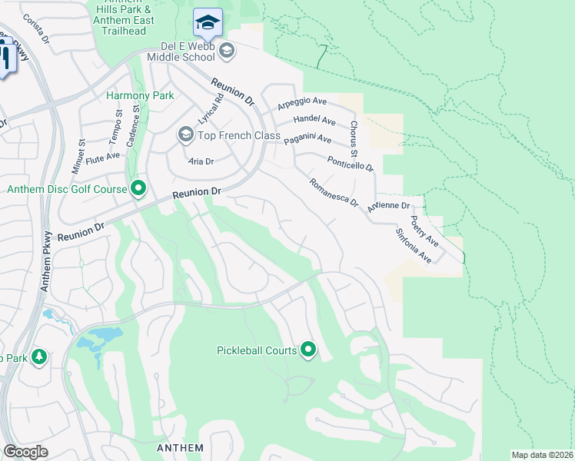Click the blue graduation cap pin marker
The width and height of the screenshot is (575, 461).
(208, 23)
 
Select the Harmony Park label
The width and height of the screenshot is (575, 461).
(140, 96)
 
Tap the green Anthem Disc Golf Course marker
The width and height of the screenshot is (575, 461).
(138, 188)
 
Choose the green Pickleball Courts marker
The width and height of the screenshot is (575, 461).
(308, 350)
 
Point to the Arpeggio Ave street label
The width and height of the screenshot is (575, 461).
(302, 101)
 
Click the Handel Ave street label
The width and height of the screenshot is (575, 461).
(314, 121)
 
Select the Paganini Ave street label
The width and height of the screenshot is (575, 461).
(307, 140)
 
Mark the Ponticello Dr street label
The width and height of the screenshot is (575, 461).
(350, 164)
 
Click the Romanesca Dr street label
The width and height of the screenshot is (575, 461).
(333, 193)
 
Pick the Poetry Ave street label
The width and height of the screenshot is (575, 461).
(424, 231)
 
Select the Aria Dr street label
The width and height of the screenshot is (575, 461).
(200, 162)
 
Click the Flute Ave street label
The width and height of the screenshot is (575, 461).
(103, 157)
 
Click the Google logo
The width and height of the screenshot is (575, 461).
(25, 452)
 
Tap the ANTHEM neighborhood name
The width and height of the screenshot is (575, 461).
(180, 448)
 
